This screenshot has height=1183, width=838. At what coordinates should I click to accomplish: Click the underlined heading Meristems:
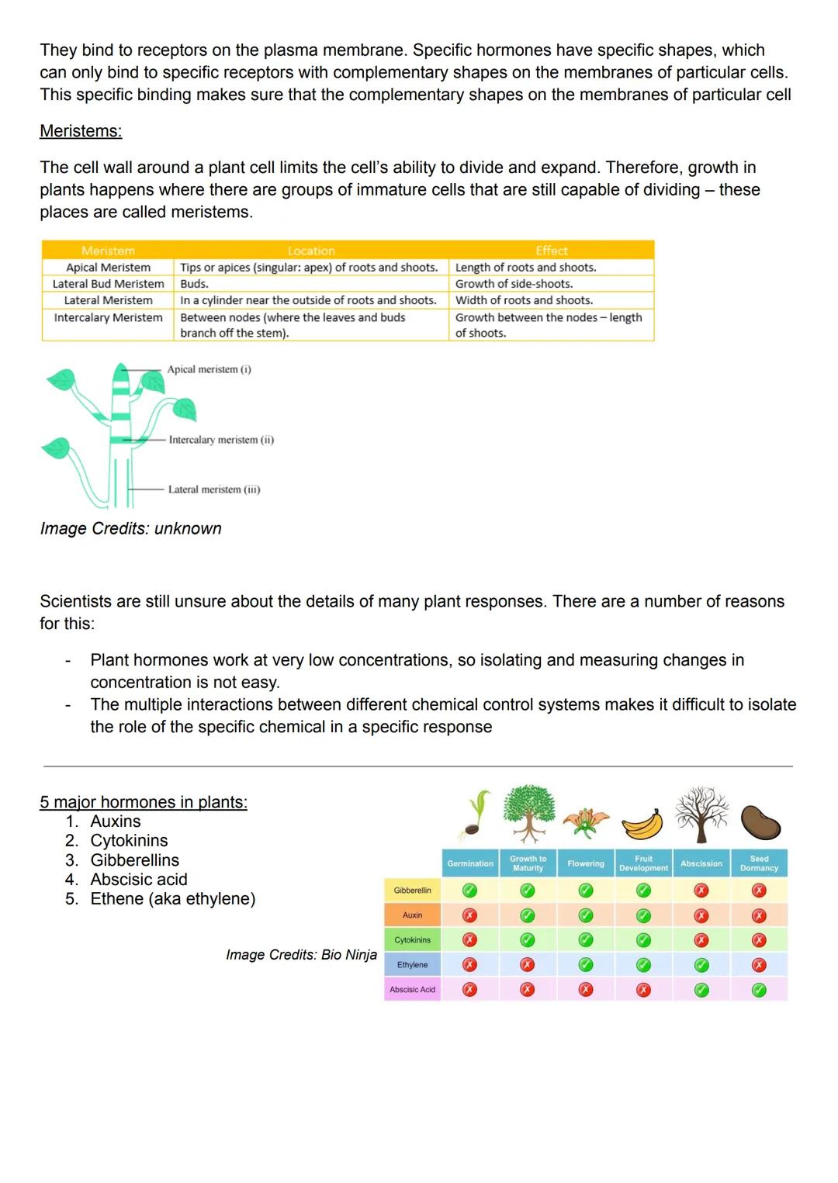click(x=81, y=131)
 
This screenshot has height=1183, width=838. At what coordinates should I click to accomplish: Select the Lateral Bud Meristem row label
click(x=108, y=284)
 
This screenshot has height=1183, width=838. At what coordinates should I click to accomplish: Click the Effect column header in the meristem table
click(x=551, y=251)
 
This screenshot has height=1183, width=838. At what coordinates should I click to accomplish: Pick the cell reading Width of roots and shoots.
click(x=524, y=300)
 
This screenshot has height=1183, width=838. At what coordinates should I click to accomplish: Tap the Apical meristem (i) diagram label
click(x=209, y=369)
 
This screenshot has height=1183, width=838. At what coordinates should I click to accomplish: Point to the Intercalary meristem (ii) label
click(x=221, y=440)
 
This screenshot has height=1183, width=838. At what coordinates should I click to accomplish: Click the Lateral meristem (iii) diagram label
click(x=214, y=489)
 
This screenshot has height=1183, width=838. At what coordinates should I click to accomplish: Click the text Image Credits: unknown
click(x=130, y=528)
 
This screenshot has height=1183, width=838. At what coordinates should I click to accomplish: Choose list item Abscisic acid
click(x=138, y=880)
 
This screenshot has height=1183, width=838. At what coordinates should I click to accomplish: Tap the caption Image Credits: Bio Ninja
click(x=301, y=955)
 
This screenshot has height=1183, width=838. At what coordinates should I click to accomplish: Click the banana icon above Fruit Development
click(x=643, y=824)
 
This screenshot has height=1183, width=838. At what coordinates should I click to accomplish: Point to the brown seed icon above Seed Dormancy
click(x=760, y=822)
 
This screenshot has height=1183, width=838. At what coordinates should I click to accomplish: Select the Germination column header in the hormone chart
click(x=470, y=863)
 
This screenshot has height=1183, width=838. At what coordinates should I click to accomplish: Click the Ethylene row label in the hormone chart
click(x=412, y=965)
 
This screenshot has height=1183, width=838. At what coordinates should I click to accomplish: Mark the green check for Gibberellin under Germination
click(x=469, y=891)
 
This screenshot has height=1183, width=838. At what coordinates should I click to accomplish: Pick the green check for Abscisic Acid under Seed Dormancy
click(x=759, y=990)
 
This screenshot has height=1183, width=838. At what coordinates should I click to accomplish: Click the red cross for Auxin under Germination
click(x=469, y=915)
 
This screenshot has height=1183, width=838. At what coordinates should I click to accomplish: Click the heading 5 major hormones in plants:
click(x=144, y=802)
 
